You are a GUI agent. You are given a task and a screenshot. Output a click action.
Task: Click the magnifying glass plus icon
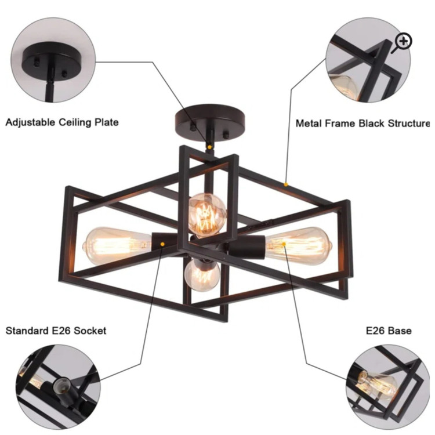click(403, 42)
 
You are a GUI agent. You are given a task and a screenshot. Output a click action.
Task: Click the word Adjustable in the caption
click(30, 122)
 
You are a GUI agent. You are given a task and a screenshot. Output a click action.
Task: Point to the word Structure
click(409, 123)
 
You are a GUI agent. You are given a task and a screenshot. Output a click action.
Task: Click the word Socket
click(90, 331)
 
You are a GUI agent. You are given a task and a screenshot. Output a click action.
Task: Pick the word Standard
click(27, 331)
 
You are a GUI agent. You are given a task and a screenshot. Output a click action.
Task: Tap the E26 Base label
click(389, 331)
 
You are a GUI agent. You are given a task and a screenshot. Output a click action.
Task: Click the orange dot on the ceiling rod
click(210, 147)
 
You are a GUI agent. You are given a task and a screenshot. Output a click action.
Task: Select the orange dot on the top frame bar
click(286, 184)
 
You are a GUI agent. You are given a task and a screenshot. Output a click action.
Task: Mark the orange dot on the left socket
click(163, 244)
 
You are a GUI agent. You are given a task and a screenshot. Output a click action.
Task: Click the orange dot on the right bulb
click(284, 244)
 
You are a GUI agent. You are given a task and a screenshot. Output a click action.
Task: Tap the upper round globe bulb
click(207, 215)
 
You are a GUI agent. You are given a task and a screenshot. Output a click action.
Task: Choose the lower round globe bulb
click(202, 275)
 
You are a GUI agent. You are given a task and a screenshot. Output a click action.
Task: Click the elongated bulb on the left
click(117, 246)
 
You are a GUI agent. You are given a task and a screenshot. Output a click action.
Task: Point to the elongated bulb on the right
click(298, 246)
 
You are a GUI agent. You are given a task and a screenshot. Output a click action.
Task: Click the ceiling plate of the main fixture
click(210, 118)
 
